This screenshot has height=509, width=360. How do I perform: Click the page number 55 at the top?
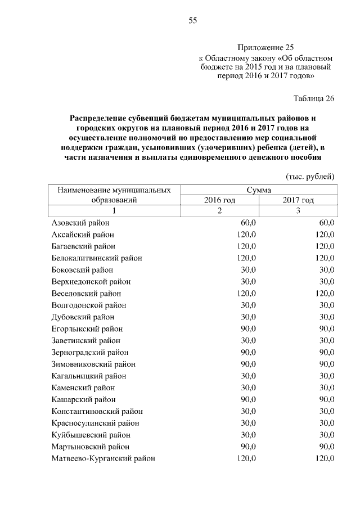192,21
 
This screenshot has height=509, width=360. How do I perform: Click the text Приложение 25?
265,48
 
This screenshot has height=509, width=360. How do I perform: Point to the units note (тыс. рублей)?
310,176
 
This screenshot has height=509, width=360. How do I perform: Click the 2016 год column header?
219,200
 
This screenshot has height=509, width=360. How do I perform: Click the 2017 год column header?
298,200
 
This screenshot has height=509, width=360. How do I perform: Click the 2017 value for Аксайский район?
325,235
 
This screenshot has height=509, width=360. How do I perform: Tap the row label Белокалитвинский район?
96,258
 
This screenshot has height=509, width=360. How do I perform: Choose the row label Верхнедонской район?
91,282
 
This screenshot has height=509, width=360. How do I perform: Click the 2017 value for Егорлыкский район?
326,328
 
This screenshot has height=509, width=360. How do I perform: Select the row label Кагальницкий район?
88,376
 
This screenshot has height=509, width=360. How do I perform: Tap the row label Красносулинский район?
95,423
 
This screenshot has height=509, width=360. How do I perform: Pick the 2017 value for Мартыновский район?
326,447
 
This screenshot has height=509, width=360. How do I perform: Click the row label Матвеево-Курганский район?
103,458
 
